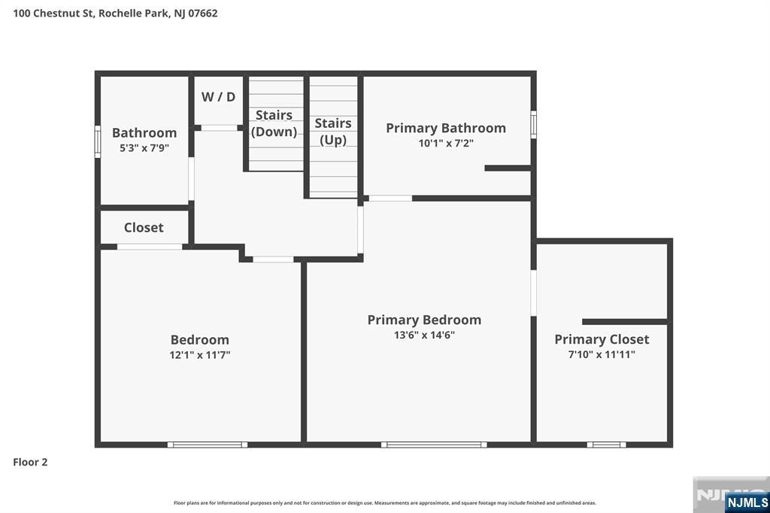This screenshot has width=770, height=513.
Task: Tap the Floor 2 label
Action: click(30, 462)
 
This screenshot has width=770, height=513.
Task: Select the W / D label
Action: click(219, 96)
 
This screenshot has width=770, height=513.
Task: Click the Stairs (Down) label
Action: click(273, 123)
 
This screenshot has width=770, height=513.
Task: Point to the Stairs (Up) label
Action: click(333, 131)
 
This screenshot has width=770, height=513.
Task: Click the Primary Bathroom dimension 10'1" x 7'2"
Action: click(446, 143)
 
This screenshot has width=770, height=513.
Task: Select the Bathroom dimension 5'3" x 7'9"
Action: click(144, 148)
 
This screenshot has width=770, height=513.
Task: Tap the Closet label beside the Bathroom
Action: click(144, 227)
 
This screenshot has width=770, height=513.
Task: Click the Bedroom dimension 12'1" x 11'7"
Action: click(199, 355)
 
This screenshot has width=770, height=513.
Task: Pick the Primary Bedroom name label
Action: click(424, 320)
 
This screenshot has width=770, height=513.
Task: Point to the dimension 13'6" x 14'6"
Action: click(424, 335)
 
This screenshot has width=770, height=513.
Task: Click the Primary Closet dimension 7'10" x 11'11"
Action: click(602, 354)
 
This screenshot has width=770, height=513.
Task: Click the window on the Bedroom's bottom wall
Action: click(208, 445)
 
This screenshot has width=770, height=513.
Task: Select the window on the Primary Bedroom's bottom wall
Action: click(434, 445)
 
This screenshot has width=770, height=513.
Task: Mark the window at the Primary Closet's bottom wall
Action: click(606, 445)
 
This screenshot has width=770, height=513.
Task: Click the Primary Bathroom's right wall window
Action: click(533, 124)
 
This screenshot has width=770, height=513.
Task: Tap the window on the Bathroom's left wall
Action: click(98, 141)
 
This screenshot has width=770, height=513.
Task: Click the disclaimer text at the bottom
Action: click(385, 502)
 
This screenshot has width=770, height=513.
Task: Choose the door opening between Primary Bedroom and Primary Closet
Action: click(533, 293)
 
